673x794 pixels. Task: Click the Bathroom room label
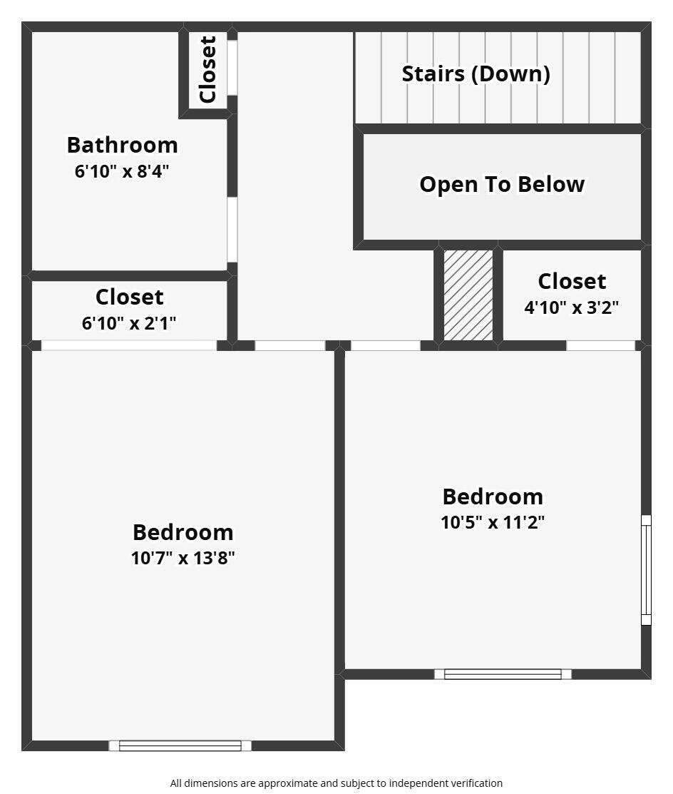(x=122, y=145)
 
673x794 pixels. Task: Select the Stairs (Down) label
(x=476, y=73)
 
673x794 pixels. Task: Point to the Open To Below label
(x=502, y=184)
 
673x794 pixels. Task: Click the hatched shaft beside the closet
(x=468, y=295)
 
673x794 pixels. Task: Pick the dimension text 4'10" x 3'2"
(x=571, y=307)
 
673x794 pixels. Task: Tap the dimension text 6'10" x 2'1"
(x=129, y=323)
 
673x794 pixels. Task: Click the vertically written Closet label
(x=207, y=69)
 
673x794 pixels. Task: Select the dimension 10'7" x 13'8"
(x=183, y=558)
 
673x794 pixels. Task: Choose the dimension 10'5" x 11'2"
(x=493, y=522)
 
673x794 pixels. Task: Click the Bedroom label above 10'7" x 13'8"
(x=183, y=532)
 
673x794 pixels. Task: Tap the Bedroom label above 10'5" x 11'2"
(x=493, y=497)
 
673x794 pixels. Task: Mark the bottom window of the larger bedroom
(x=180, y=745)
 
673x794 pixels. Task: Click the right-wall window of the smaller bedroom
(x=646, y=570)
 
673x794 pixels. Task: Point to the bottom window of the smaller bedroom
(x=503, y=674)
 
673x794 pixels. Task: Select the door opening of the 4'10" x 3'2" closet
(x=600, y=345)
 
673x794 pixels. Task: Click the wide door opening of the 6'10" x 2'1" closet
(x=129, y=345)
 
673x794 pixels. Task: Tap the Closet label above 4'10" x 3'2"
(x=572, y=281)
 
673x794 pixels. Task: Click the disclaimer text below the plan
(x=336, y=783)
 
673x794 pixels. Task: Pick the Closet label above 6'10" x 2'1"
(x=129, y=297)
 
